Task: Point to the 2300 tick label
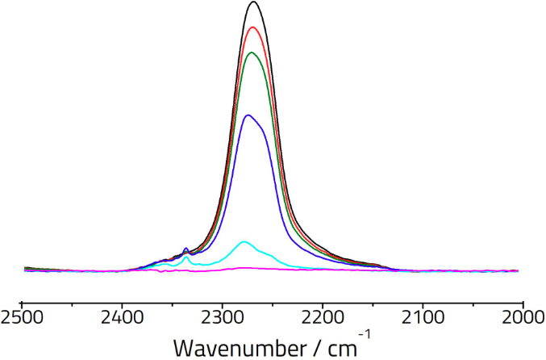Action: pos(222,316)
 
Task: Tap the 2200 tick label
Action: pos(323,316)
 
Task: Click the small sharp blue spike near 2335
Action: pos(186,249)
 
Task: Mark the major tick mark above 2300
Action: pos(223,299)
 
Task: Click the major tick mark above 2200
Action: pos(323,299)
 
